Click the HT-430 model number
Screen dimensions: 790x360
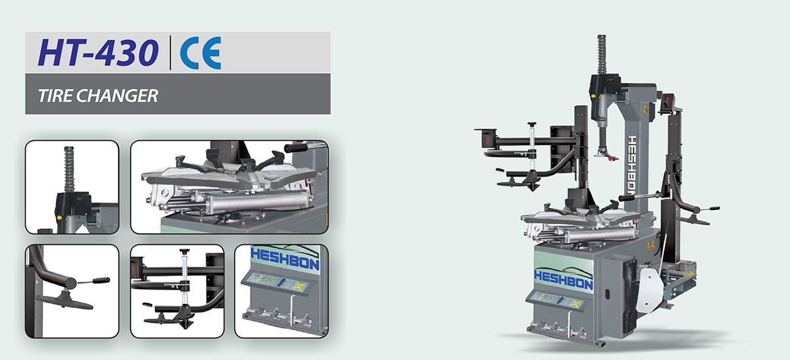pos(98,52)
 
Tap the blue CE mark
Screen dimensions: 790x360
pos(201,53)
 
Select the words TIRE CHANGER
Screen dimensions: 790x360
pos(98,95)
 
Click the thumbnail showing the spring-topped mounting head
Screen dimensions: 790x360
pos(72,187)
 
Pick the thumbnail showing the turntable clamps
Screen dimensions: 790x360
pos(229,187)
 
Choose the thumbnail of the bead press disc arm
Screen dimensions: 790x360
pos(72,292)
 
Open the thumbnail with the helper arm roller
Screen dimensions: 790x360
pos(177,292)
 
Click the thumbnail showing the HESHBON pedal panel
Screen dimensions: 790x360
pos(282,292)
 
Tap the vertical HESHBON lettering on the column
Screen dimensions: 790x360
pos(633,166)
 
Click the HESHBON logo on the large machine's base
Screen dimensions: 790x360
pos(564,280)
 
